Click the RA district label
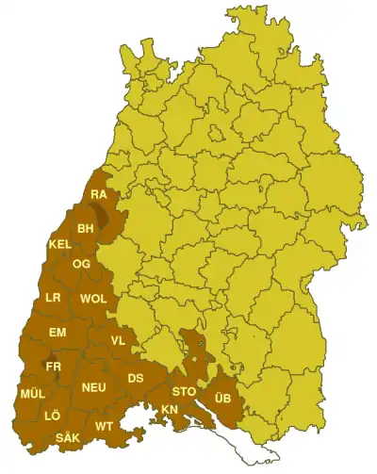(x=99, y=195)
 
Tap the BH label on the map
(x=86, y=228)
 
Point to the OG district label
(x=81, y=265)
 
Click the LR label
(x=54, y=299)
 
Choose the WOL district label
(x=93, y=299)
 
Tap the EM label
(x=57, y=333)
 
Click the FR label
(x=53, y=367)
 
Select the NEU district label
(x=92, y=387)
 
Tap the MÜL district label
(x=31, y=394)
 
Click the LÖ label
(x=51, y=416)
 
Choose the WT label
(x=104, y=427)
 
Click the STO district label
(x=182, y=391)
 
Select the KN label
(x=170, y=409)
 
